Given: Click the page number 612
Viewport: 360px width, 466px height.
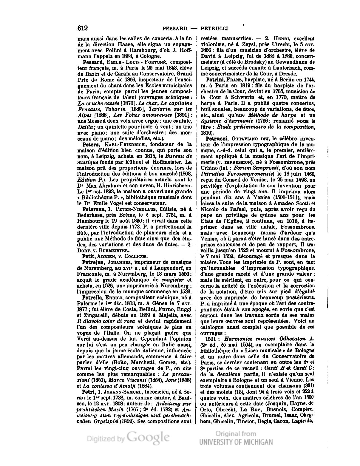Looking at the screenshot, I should tap(83, 28).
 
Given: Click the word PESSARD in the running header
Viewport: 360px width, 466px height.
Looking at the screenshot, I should tap(175, 29).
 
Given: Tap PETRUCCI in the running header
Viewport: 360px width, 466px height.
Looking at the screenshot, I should tap(214, 29).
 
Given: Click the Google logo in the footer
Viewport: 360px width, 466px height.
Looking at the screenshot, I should tap(148, 438).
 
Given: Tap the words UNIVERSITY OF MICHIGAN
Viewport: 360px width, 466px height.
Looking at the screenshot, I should tap(236, 442).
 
